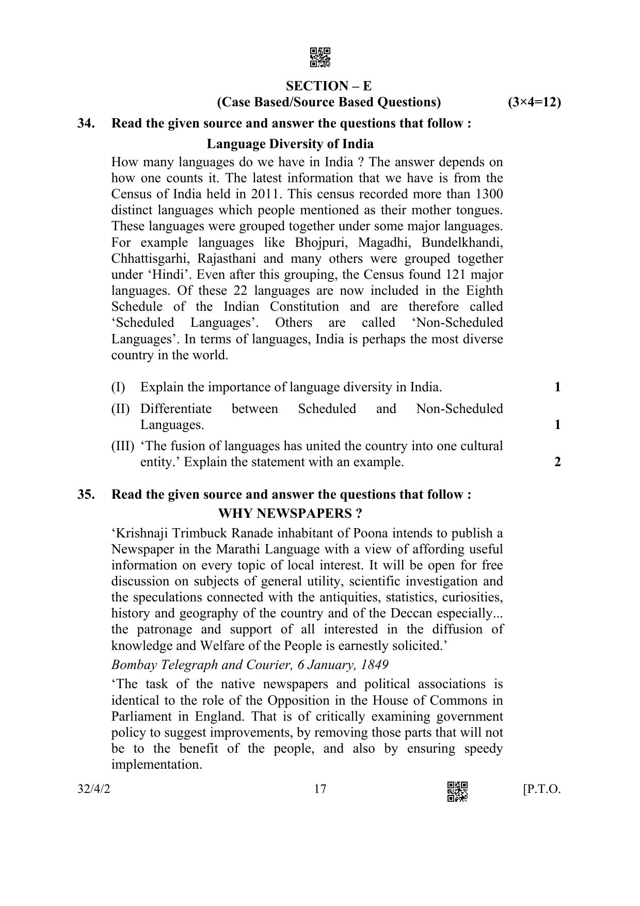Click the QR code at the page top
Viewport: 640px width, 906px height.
tap(320, 58)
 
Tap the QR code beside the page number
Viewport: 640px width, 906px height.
tap(457, 791)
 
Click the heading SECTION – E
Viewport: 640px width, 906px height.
tap(329, 86)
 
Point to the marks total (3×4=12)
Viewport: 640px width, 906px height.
tap(534, 102)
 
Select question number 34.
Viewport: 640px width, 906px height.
tap(86, 124)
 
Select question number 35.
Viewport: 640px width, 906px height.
tap(86, 495)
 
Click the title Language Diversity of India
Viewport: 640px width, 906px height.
tap(290, 144)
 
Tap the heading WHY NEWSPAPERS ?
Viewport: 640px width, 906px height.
tap(290, 514)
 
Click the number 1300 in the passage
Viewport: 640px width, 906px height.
tap(489, 194)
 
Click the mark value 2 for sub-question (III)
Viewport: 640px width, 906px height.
tap(557, 462)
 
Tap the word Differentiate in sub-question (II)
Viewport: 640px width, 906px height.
tap(175, 409)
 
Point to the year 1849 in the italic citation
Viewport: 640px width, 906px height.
tap(375, 664)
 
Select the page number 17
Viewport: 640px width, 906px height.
tap(320, 789)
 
